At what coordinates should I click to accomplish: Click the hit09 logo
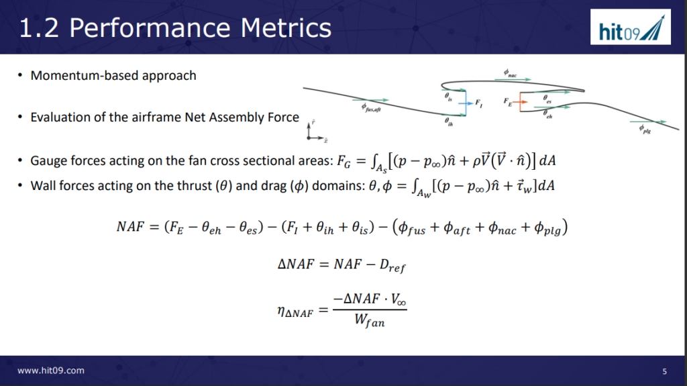pyautogui.click(x=631, y=28)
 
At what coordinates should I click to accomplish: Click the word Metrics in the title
pyautogui.click(x=286, y=28)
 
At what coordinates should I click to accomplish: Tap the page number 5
pyautogui.click(x=664, y=371)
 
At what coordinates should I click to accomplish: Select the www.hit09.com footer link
pyautogui.click(x=51, y=371)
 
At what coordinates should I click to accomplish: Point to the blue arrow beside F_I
pyautogui.click(x=466, y=103)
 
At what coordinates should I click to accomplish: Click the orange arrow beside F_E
pyautogui.click(x=520, y=102)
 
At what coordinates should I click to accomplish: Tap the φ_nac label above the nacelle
pyautogui.click(x=510, y=73)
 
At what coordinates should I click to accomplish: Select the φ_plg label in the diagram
pyautogui.click(x=645, y=129)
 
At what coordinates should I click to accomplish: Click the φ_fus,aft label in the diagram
pyautogui.click(x=370, y=107)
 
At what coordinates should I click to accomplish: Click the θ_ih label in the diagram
pyautogui.click(x=449, y=122)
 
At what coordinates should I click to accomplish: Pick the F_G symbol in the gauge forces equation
pyautogui.click(x=343, y=162)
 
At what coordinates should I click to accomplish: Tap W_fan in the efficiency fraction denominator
pyautogui.click(x=370, y=321)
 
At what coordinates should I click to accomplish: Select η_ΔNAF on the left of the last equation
pyautogui.click(x=295, y=312)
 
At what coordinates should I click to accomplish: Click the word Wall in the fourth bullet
pyautogui.click(x=43, y=185)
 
